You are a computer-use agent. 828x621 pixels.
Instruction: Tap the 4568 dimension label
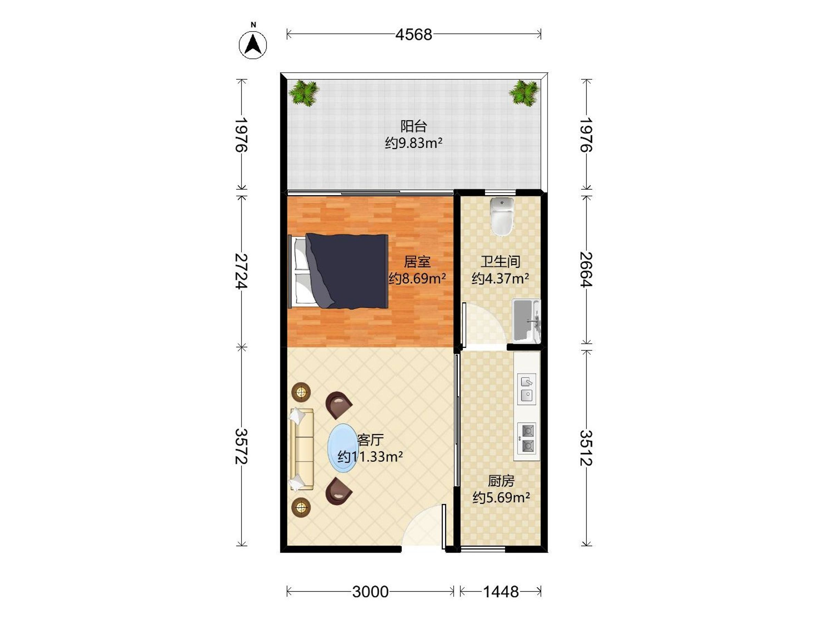coord(414,35)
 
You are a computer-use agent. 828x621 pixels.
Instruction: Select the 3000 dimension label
coord(370,592)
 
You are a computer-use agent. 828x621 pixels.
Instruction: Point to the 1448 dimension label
coord(501,592)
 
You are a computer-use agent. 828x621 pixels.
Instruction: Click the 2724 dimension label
coord(242,271)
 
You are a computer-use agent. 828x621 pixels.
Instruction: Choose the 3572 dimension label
coord(242,446)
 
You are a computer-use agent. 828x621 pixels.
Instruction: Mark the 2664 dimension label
coord(586,269)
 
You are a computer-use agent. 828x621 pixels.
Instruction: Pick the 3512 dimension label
coord(586,448)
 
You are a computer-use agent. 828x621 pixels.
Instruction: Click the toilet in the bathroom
coord(502,217)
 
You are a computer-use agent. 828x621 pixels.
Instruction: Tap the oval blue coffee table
coord(343,448)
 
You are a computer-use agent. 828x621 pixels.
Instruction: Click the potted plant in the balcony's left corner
coord(304,93)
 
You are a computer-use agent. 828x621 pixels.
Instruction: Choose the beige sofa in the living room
coord(302,449)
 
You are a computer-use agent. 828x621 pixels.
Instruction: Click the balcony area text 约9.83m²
coord(414,143)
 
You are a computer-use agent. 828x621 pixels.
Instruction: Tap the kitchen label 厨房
coord(501,481)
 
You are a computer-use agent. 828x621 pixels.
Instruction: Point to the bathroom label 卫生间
coord(501,262)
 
